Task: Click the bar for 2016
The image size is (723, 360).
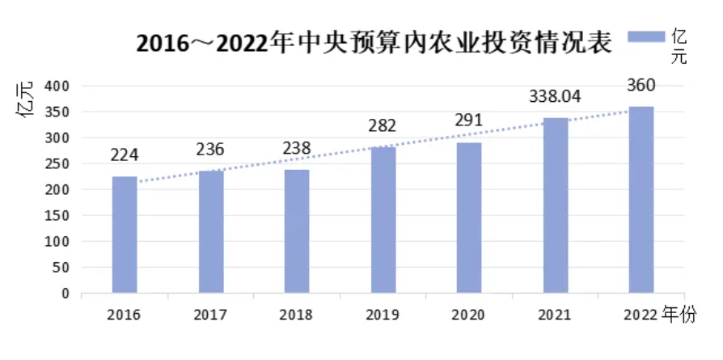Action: click(x=125, y=235)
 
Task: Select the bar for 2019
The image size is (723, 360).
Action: click(x=383, y=219)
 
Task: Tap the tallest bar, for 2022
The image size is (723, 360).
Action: click(x=641, y=200)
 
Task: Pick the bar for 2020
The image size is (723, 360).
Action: click(x=469, y=218)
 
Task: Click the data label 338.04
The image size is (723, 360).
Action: click(x=555, y=97)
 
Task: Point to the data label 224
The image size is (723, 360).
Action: click(x=125, y=156)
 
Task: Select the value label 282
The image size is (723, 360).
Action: click(x=383, y=126)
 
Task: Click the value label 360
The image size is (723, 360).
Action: click(x=641, y=86)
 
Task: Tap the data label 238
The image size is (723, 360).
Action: click(x=296, y=150)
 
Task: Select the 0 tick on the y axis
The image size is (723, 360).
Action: click(x=66, y=294)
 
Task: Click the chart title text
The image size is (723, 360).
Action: click(x=373, y=43)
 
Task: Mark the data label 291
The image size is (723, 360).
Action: click(x=469, y=121)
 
